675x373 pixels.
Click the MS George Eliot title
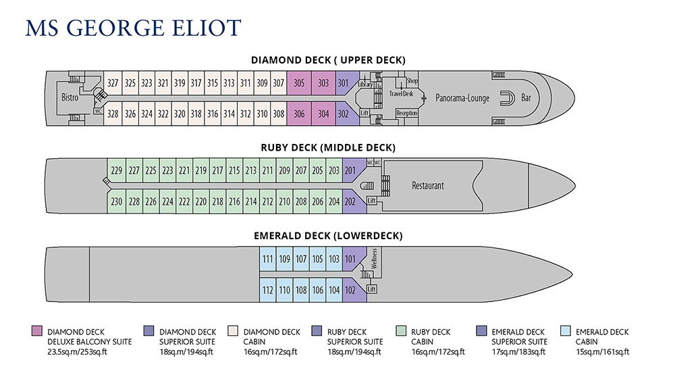click(132, 29)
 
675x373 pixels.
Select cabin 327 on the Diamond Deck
click(113, 84)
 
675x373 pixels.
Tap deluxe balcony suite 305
click(299, 84)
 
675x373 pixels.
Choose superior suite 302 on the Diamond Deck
click(344, 114)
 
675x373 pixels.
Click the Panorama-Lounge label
click(462, 98)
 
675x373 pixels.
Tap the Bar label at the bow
click(526, 98)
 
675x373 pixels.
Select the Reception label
click(407, 114)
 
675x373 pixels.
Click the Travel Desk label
click(400, 94)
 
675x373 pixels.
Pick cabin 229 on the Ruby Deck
click(117, 170)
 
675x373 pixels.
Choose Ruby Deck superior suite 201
click(350, 170)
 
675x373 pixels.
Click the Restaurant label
click(428, 185)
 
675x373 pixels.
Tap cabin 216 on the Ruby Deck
click(234, 201)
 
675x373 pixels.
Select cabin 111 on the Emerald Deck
click(267, 259)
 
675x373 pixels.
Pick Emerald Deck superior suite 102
click(350, 290)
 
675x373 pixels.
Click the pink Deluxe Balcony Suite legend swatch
click(37, 331)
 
